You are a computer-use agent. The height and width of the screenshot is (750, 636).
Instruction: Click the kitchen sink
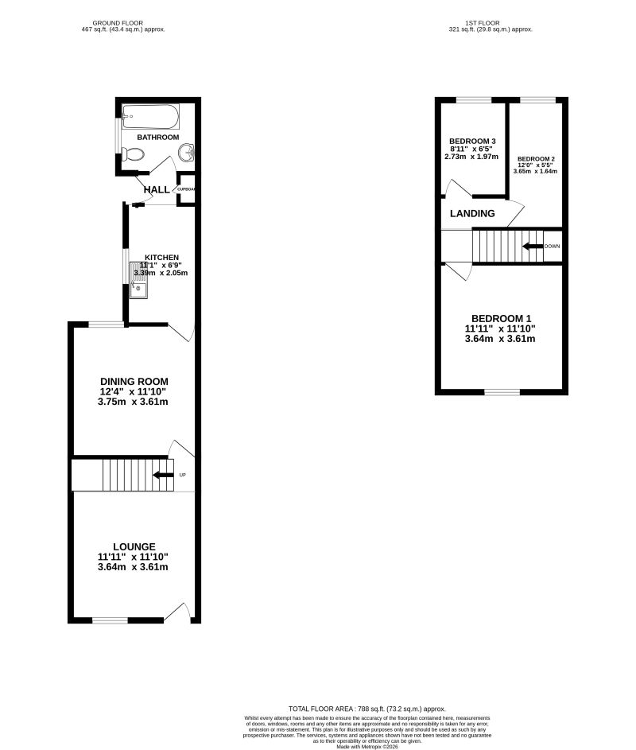click(138, 292)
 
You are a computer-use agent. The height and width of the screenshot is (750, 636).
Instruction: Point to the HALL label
click(157, 190)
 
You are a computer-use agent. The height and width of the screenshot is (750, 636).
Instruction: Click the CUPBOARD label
click(186, 189)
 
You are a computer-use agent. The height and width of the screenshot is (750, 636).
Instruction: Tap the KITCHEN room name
click(161, 258)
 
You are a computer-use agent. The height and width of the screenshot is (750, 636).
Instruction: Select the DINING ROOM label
click(134, 382)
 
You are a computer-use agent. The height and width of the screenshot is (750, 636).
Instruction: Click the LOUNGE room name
click(134, 546)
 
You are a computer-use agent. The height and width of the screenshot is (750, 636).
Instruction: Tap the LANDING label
click(472, 214)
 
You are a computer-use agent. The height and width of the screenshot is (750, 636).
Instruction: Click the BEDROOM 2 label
click(535, 159)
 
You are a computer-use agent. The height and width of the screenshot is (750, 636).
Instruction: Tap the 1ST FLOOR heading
click(490, 22)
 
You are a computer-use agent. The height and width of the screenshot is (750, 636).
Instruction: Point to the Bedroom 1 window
click(502, 392)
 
